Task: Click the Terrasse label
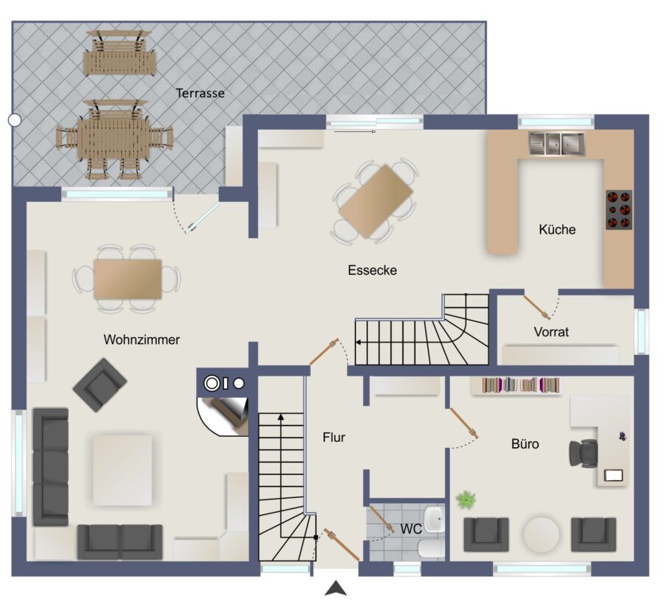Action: click(200, 93)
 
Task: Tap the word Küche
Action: click(558, 230)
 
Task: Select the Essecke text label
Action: click(373, 270)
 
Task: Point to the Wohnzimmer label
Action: click(141, 340)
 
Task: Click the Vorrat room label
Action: click(551, 331)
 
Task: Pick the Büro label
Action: click(525, 444)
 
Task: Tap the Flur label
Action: click(334, 437)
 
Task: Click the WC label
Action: click(411, 529)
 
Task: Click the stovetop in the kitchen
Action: click(619, 210)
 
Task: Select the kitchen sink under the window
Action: click(556, 144)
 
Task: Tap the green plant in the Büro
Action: click(466, 499)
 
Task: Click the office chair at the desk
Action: click(583, 454)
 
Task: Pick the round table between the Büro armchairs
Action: click(541, 534)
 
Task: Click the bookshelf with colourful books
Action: click(516, 385)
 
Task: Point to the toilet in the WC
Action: click(431, 549)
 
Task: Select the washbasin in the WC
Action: click(435, 519)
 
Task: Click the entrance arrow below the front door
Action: click(336, 588)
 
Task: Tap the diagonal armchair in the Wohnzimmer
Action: click(99, 385)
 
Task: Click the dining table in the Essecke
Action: click(376, 201)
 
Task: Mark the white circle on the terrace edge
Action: click(15, 121)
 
